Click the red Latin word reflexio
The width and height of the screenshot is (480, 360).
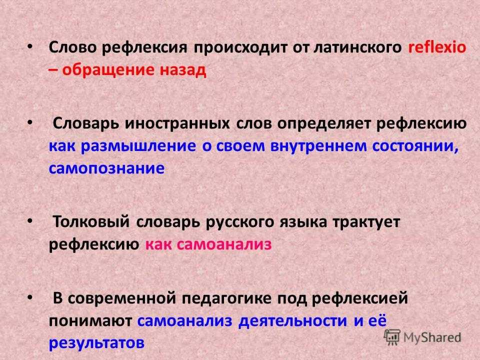tap(437, 47)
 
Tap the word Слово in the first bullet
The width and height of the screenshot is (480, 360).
tap(73, 47)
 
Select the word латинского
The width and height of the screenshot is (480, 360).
tap(357, 48)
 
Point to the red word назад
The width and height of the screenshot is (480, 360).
tap(183, 70)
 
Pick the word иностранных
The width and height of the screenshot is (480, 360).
tap(177, 124)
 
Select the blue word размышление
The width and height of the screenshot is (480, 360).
tap(138, 146)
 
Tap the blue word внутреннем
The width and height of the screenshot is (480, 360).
tap(318, 146)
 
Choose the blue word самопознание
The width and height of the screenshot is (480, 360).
tap(107, 168)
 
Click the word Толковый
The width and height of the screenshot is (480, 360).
tap(91, 221)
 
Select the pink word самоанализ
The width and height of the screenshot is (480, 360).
tap(224, 245)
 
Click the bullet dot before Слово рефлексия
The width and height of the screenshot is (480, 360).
tap(29, 47)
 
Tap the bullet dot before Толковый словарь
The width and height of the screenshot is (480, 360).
tap(29, 220)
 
